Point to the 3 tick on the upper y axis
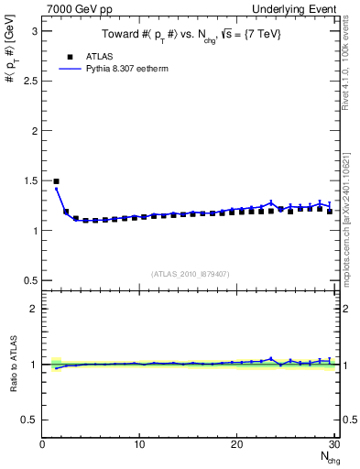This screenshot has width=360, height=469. click(x=35, y=31)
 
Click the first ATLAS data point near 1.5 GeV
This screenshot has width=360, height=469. click(x=56, y=181)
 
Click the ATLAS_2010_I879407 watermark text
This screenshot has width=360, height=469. click(x=190, y=274)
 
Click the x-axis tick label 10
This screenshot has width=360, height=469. click(x=139, y=445)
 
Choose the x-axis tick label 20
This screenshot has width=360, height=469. click(x=236, y=445)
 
